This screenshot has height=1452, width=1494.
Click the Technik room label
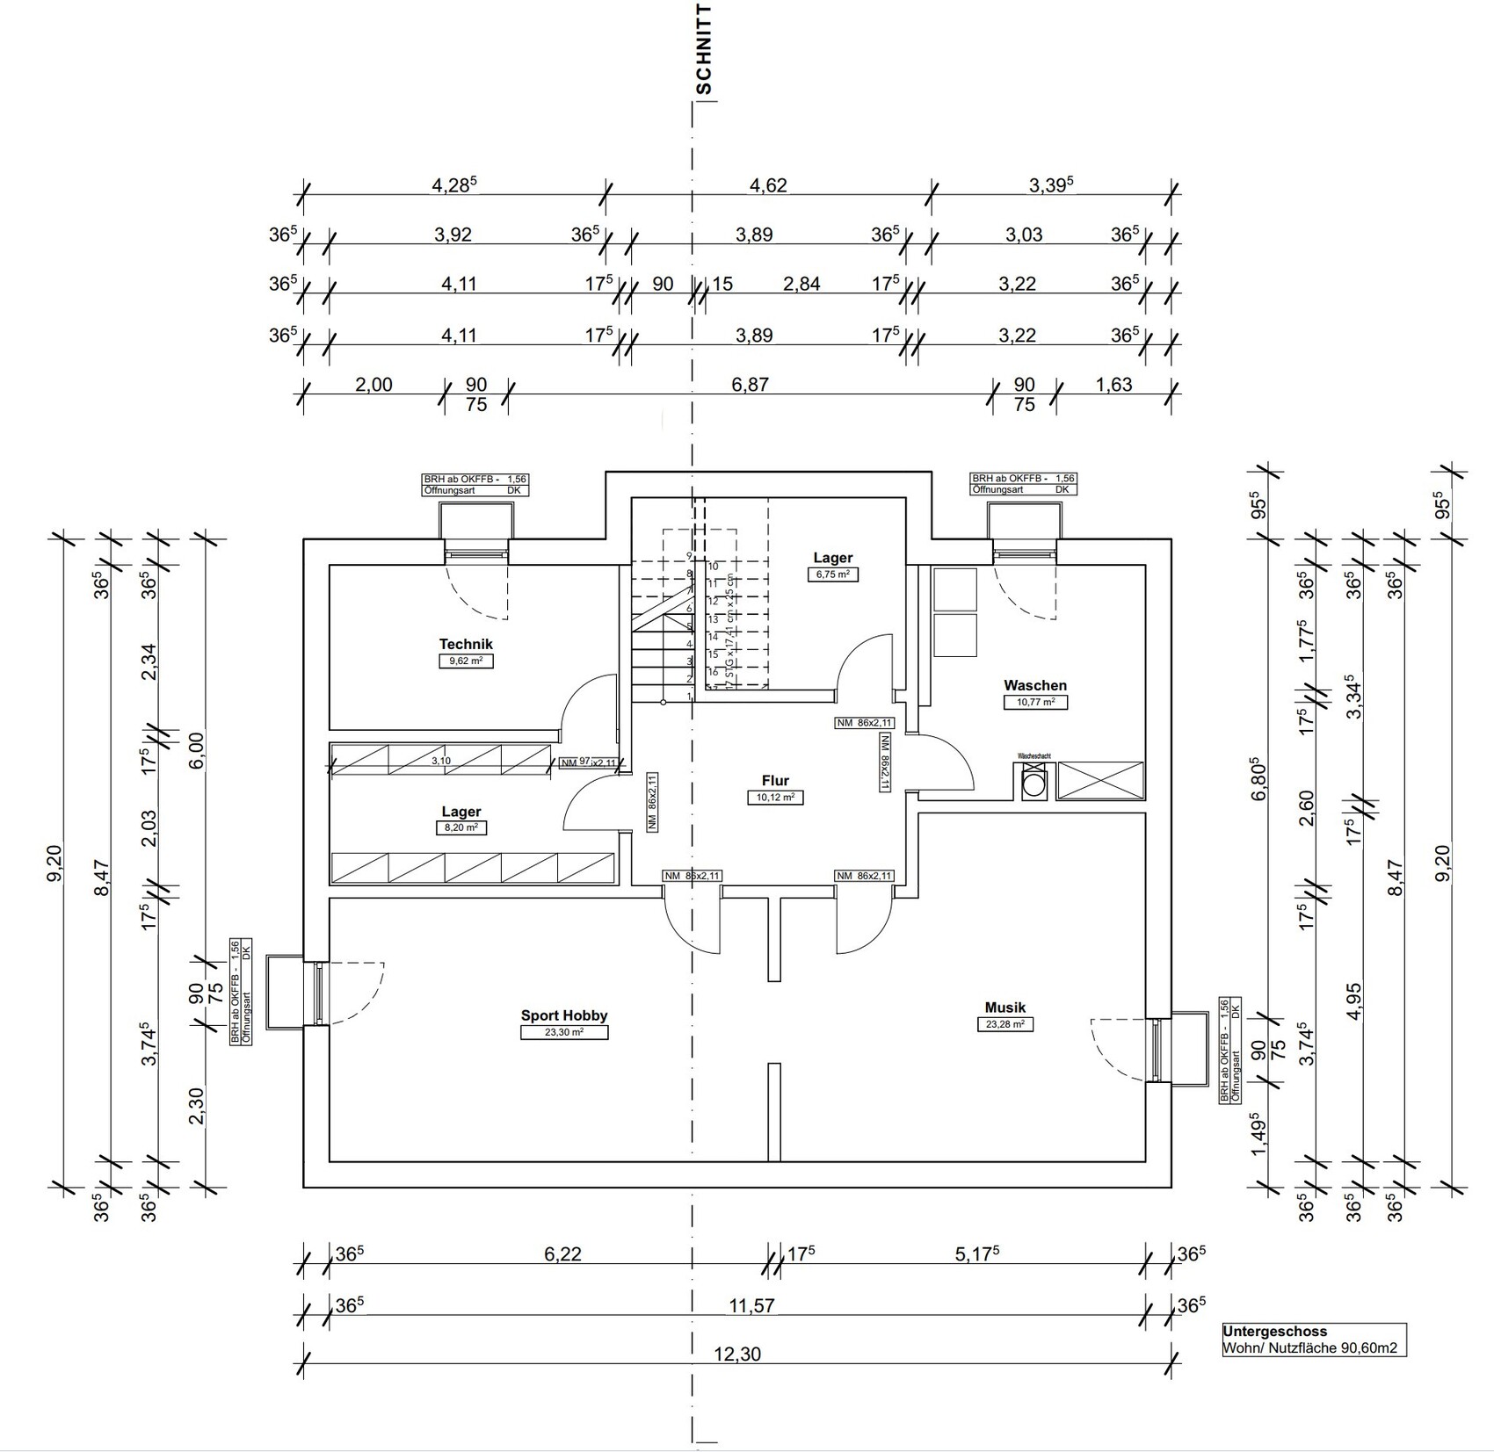tap(466, 644)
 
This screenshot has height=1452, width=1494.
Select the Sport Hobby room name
tap(563, 1015)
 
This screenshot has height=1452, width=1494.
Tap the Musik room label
tap(1004, 1008)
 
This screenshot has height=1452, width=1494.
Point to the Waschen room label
tap(1034, 685)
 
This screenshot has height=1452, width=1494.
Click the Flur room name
tap(775, 780)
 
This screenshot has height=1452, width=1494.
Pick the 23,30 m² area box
tap(563, 1032)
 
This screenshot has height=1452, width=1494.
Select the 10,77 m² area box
tap(1034, 702)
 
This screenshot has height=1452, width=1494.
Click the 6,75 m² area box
tap(832, 574)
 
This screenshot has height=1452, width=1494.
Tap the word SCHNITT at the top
tap(703, 49)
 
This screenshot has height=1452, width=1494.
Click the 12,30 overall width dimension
tap(737, 1354)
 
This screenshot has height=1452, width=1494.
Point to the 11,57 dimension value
tap(751, 1305)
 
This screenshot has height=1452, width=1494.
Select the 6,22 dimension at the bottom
tap(562, 1253)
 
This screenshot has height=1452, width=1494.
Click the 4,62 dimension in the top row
tap(767, 185)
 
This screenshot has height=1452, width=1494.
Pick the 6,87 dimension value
tap(750, 385)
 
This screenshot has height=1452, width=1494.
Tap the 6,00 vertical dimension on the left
tap(195, 750)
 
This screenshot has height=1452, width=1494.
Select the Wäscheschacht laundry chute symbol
tap(1033, 782)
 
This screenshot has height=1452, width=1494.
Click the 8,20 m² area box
tap(461, 827)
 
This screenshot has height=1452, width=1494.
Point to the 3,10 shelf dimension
tap(441, 761)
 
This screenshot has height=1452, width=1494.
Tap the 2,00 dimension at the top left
tap(373, 385)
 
